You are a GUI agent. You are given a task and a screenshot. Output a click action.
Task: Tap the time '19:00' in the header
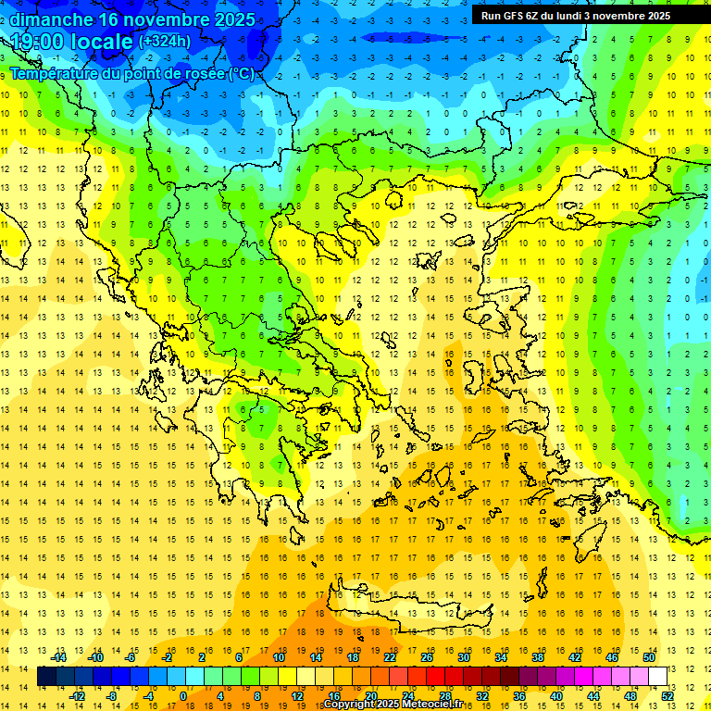pyautogui.click(x=38, y=41)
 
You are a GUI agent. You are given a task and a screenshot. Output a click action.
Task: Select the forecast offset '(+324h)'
pyautogui.click(x=165, y=41)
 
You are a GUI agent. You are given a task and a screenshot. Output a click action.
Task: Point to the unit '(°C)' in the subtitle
pyautogui.click(x=241, y=73)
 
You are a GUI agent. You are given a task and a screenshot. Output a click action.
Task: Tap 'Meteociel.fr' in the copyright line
pyautogui.click(x=434, y=705)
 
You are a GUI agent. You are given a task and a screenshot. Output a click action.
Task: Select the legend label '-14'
pyautogui.click(x=60, y=657)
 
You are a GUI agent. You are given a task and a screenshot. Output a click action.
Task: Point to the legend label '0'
pyautogui.click(x=182, y=696)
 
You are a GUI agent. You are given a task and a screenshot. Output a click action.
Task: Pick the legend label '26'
pyautogui.click(x=427, y=657)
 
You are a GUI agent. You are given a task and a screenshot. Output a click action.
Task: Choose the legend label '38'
pyautogui.click(x=538, y=657)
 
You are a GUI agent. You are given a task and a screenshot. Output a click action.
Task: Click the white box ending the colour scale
pyautogui.click(x=658, y=677)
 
